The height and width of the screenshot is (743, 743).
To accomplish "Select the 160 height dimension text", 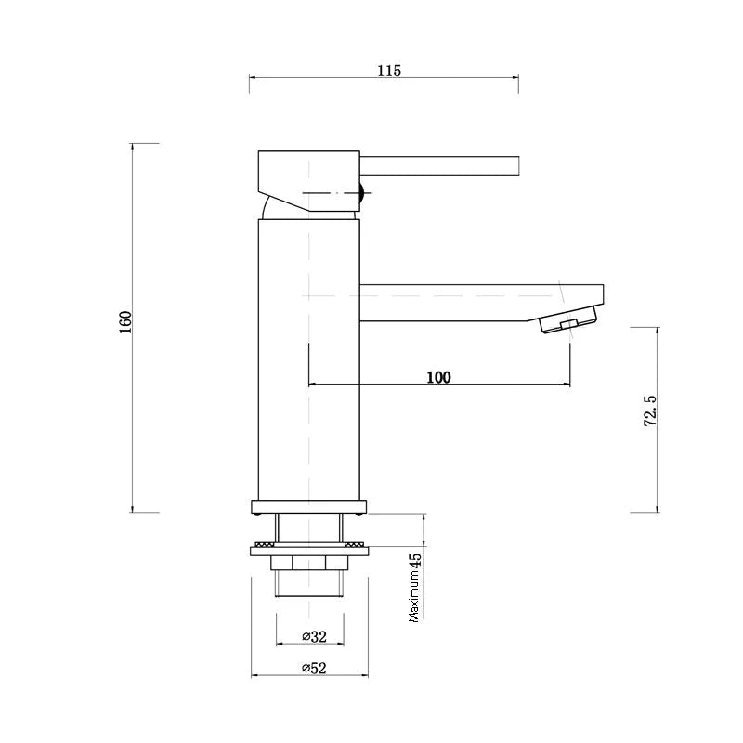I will [x=126, y=322].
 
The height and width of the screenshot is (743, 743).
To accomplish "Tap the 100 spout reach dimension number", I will [x=438, y=377].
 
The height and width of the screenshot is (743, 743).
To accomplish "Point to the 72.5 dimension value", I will [x=650, y=410].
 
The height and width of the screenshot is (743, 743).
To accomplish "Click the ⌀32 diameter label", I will [x=314, y=636].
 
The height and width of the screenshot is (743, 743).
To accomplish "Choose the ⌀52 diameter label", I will [x=314, y=669].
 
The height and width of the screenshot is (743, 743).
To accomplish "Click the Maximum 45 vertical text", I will [x=415, y=587].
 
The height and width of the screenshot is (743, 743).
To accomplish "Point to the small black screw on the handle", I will [x=364, y=193].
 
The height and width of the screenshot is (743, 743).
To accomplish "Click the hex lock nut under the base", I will [x=309, y=563].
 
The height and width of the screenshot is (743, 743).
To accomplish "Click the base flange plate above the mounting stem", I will [x=309, y=507].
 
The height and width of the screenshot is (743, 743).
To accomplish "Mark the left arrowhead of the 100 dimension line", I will [x=312, y=384].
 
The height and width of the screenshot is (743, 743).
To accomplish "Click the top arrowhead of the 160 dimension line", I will [x=133, y=148].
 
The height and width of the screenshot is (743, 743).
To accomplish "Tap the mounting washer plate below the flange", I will [x=309, y=552].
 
